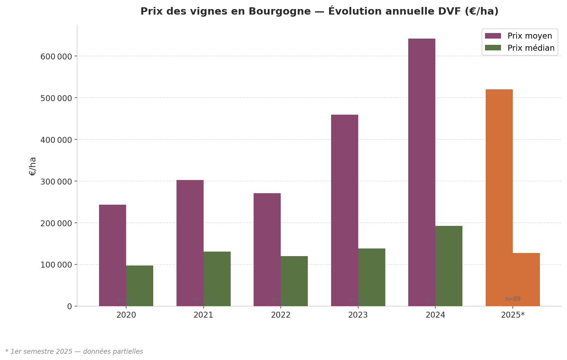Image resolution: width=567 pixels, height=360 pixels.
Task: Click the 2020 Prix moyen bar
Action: tap(113, 255)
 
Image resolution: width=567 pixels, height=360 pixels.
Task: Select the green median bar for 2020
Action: tap(140, 286)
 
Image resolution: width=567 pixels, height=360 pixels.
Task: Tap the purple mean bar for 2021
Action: tap(190, 243)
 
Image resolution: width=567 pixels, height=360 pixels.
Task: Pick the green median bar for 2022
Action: tap(294, 281)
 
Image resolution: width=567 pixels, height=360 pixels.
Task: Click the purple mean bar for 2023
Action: tap(345, 210)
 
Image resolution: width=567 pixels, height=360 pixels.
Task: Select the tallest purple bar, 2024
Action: tap(422, 172)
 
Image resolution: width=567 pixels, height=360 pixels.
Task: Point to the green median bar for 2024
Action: tap(449, 266)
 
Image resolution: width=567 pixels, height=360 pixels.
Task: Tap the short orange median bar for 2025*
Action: tap(526, 279)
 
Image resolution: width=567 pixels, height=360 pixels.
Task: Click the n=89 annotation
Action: tap(513, 299)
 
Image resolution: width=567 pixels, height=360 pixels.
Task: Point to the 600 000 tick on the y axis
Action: tap(56, 56)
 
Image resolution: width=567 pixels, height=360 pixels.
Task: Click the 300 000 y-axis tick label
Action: tap(56, 181)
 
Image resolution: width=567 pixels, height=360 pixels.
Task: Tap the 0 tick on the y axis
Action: tap(70, 306)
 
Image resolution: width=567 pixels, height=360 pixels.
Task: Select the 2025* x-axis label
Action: tap(513, 315)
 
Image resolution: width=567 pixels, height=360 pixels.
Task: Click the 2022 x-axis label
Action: tap(281, 315)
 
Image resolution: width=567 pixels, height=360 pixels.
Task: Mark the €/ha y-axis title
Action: tap(33, 166)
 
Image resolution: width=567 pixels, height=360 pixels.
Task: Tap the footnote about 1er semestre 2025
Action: tap(74, 352)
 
